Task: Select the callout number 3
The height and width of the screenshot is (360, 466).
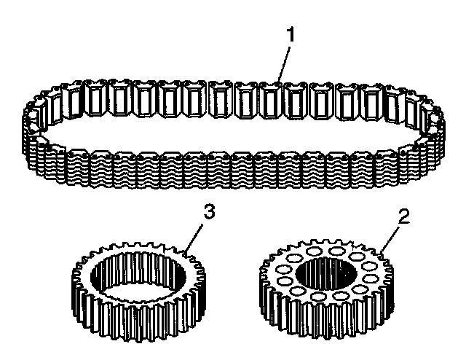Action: coord(208,212)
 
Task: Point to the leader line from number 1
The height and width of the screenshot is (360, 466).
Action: coord(283,63)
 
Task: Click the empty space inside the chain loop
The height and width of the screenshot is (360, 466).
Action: coord(233,131)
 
